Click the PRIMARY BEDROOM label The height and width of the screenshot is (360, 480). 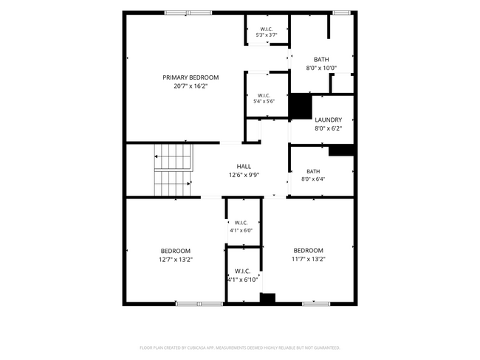tap(191, 77)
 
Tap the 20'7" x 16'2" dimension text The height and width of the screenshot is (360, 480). tap(191, 86)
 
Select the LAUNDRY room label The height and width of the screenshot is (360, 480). tap(328, 120)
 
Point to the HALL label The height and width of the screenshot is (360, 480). tap(244, 167)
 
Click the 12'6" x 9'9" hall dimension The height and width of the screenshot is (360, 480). tap(244, 176)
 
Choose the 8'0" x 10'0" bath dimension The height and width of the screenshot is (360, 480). tap(321, 68)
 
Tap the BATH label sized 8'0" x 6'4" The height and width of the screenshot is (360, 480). tap(313, 172)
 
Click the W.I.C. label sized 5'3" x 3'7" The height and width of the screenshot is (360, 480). tap(267, 30)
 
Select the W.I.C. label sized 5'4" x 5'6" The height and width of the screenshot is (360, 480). tap(264, 95)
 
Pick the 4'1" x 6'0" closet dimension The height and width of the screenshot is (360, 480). tap(241, 231)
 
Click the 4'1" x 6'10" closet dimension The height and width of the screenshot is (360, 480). tap(242, 280)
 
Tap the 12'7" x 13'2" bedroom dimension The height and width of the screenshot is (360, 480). tap(176, 260)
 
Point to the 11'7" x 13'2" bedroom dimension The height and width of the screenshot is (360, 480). tap(308, 260)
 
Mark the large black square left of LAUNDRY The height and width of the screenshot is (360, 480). tap(301, 106)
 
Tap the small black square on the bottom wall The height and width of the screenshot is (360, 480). tap(267, 298)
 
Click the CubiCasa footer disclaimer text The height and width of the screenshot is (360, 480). tap(240, 347)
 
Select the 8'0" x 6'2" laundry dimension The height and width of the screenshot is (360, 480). tap(328, 128)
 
